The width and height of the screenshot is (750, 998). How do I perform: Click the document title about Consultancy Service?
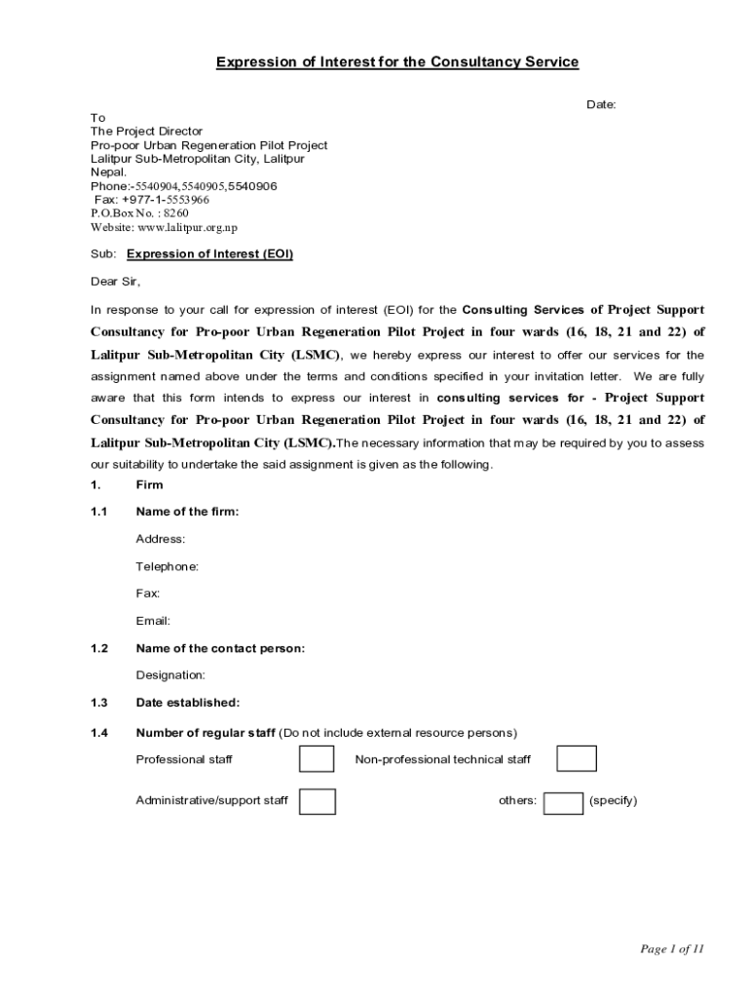[x=397, y=62]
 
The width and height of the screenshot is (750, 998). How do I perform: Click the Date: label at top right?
[x=600, y=104]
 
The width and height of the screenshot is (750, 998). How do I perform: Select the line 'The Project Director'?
[x=146, y=132]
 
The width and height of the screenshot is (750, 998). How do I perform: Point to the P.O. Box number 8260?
[x=176, y=213]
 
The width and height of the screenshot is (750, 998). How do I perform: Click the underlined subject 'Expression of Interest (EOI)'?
[x=209, y=254]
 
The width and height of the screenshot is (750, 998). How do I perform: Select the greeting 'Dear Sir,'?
[x=116, y=282]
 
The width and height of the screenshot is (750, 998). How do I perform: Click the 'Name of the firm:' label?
[x=187, y=512]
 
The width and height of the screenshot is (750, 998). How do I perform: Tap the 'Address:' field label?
[x=160, y=539]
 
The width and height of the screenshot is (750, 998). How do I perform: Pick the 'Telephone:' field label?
[x=167, y=566]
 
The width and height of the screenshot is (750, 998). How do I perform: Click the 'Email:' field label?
[x=153, y=621]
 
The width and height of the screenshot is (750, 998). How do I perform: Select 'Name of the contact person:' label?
[x=220, y=648]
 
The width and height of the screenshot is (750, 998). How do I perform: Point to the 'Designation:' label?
[x=170, y=675]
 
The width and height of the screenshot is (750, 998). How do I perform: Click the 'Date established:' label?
[x=187, y=703]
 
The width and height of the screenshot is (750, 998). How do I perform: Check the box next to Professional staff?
[x=317, y=758]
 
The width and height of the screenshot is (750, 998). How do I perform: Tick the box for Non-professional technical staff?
[x=577, y=758]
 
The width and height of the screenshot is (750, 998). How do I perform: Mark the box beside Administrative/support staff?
[x=318, y=801]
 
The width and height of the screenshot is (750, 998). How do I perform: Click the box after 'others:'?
[x=563, y=802]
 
